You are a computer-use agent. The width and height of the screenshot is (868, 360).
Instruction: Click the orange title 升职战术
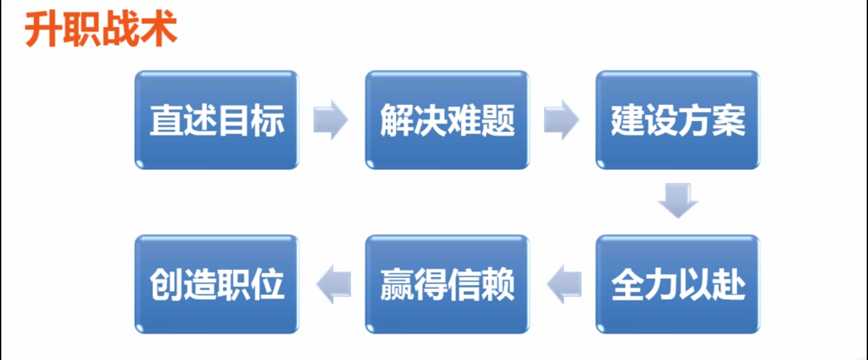(101, 31)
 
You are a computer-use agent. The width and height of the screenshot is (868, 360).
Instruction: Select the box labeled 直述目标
(217, 120)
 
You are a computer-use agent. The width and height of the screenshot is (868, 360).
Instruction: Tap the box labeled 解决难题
(448, 120)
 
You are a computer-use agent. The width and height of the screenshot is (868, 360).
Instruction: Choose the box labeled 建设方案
(678, 120)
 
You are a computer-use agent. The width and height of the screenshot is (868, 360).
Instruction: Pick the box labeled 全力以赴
(678, 284)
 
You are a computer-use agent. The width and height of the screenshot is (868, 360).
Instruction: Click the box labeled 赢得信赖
(448, 284)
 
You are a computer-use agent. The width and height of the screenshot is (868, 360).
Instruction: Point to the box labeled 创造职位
(217, 284)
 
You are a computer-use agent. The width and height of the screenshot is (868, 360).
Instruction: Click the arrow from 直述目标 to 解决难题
(330, 120)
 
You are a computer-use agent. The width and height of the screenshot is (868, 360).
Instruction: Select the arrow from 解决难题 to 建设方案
(561, 120)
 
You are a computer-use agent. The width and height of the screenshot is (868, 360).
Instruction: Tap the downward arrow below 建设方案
(678, 201)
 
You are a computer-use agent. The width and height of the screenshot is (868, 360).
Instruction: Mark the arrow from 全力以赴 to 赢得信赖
(563, 283)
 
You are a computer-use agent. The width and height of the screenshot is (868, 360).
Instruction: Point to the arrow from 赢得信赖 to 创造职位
(333, 283)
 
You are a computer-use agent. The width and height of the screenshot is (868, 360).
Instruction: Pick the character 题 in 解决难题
(498, 120)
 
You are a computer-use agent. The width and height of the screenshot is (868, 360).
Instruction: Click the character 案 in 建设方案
(728, 120)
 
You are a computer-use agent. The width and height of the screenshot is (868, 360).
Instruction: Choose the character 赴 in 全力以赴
(728, 284)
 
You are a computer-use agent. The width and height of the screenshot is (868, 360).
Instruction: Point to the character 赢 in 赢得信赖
(397, 284)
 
